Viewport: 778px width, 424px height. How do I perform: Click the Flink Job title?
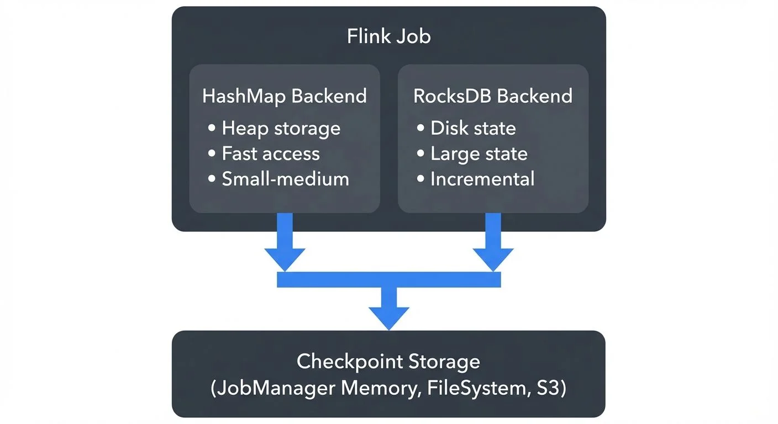(x=388, y=36)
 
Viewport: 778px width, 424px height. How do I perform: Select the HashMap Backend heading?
(x=285, y=96)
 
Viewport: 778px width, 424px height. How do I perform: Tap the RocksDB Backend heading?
(x=493, y=96)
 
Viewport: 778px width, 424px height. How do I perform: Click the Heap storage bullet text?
(x=281, y=128)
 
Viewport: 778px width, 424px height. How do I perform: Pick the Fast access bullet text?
(x=270, y=153)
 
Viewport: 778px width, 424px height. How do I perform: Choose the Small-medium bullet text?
(x=285, y=179)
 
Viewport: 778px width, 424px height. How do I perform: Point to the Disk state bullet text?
(x=473, y=128)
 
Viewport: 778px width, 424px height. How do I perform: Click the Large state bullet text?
(x=479, y=153)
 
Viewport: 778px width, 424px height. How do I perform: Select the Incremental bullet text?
(x=482, y=179)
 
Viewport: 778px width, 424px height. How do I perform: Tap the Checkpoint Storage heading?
(x=388, y=362)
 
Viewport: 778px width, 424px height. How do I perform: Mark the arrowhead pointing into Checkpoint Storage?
(x=389, y=317)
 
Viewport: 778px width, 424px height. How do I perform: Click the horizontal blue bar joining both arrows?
(x=388, y=280)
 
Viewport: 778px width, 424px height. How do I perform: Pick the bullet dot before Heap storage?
(x=212, y=129)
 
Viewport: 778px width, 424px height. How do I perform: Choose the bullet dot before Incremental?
(x=420, y=179)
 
